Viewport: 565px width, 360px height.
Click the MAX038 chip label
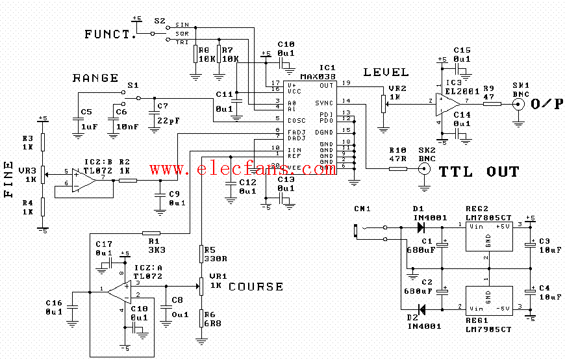pos(318,76)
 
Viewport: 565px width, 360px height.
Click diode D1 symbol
pos(420,227)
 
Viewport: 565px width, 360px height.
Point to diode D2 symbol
pos(420,309)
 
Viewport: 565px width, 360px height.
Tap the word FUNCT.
pos(110,34)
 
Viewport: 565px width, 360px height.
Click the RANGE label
pos(95,78)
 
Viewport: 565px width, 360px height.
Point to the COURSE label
pos(256,287)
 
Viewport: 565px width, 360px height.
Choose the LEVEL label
pos(386,72)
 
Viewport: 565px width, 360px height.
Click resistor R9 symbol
pos(492,103)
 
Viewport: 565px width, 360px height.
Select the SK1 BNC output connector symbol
pos(518,104)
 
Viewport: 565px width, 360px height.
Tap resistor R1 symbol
pos(151,233)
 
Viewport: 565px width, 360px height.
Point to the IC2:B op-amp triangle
pos(84,180)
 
